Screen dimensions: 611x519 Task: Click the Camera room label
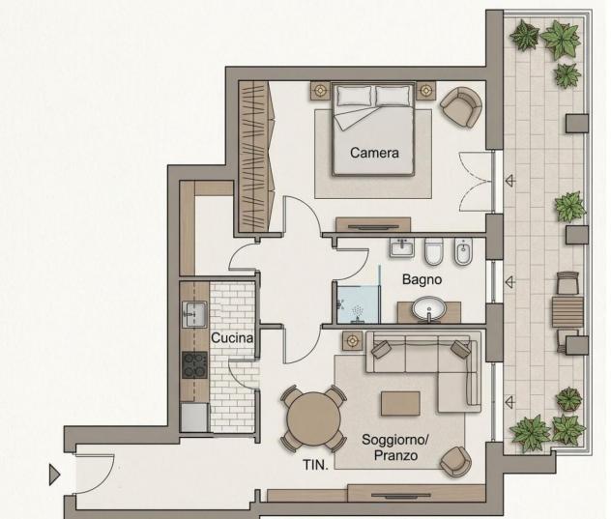click(374, 153)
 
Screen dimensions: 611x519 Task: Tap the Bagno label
click(422, 279)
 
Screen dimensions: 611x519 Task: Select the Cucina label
click(232, 338)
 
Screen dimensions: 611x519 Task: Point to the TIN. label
click(315, 465)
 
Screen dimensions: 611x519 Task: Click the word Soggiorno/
click(395, 440)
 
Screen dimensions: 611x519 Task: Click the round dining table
click(313, 418)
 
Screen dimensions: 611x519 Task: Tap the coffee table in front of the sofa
click(400, 404)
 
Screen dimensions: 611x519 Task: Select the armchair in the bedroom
click(461, 106)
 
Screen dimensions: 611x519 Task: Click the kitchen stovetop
click(194, 365)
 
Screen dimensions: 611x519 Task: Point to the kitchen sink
click(194, 314)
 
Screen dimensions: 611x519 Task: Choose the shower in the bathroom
click(358, 304)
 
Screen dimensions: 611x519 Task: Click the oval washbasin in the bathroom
click(428, 309)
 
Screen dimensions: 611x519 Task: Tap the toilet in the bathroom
click(433, 251)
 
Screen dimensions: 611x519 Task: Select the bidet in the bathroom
click(463, 251)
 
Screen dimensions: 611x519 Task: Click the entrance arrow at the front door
click(54, 475)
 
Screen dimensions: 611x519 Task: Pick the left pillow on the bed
click(354, 96)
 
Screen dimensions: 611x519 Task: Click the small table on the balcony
click(567, 312)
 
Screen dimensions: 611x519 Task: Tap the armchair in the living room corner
click(455, 462)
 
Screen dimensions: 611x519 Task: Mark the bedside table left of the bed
click(320, 91)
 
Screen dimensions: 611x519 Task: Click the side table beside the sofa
click(352, 341)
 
